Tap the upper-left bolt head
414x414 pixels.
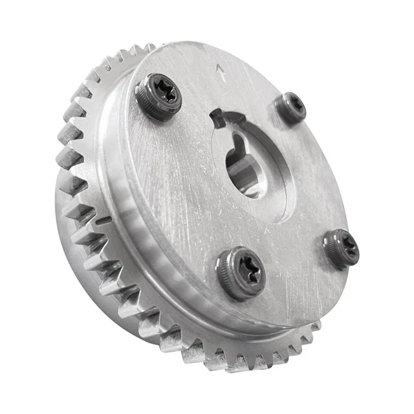click(x=159, y=96)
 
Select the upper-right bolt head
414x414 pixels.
click(x=290, y=108)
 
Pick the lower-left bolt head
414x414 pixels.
click(x=241, y=272)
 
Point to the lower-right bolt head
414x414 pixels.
click(x=342, y=247)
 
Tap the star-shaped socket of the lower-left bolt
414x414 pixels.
click(x=247, y=268)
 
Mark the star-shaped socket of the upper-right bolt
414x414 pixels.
click(x=294, y=105)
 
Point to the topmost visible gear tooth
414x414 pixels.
click(x=147, y=48)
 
